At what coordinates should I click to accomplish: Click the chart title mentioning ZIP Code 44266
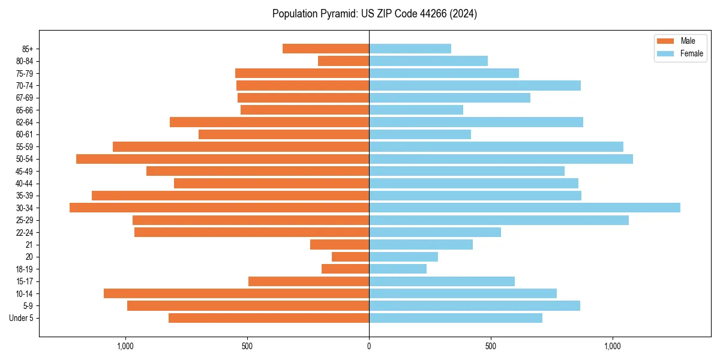(374, 14)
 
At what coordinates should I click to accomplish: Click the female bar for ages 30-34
(524, 208)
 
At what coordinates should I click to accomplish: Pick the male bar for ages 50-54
(223, 159)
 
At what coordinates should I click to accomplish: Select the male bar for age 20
(350, 257)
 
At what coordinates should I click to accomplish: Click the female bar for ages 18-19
(398, 269)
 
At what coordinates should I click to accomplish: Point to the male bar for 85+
(326, 49)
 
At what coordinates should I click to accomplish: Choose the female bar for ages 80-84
(428, 61)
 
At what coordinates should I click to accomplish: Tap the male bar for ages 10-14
(236, 293)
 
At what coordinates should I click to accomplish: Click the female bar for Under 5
(455, 318)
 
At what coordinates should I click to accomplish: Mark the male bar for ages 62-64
(269, 122)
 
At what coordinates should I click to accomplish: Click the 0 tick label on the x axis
(369, 346)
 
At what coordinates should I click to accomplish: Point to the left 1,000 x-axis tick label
(125, 346)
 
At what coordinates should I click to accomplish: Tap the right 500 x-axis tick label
(491, 346)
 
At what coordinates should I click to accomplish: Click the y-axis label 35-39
(24, 196)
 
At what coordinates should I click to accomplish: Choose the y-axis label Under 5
(21, 318)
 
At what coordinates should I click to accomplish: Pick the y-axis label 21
(29, 245)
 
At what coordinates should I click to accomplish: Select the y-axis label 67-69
(24, 98)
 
